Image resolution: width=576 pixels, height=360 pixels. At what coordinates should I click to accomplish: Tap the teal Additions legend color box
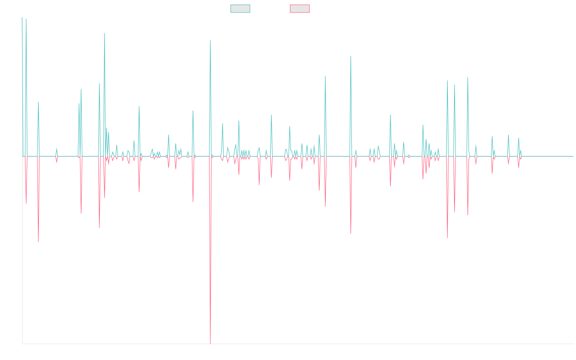click(240, 9)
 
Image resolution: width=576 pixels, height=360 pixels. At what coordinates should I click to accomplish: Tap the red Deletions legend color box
click(300, 9)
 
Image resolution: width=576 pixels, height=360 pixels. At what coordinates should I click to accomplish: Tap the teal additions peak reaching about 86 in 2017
click(105, 33)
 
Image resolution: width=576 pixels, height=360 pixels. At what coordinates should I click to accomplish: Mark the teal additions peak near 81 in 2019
click(210, 40)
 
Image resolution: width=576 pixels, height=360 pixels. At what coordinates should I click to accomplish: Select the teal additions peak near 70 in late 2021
click(351, 56)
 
